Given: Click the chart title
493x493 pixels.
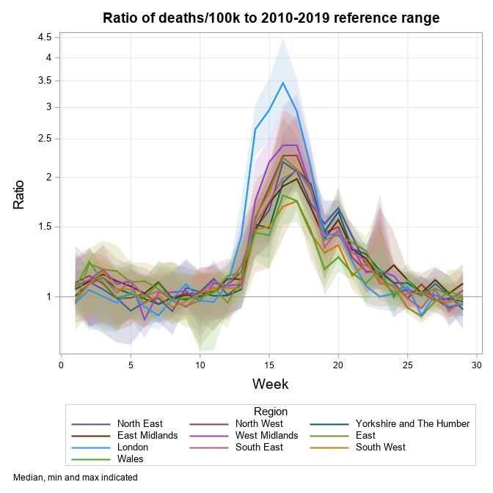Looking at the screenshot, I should [271, 18].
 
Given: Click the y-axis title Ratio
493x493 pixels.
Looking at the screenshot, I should [20, 194].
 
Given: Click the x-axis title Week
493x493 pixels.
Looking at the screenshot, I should [270, 384].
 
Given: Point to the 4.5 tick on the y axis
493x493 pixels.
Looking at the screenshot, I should [45, 37].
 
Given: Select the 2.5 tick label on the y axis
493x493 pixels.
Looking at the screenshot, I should [45, 139].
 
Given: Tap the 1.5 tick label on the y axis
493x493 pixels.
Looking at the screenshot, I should [45, 227].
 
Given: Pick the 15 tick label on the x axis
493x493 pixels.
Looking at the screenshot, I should [269, 364].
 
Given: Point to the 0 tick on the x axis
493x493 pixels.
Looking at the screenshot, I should [61, 364].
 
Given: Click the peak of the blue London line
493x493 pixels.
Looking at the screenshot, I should [283, 82].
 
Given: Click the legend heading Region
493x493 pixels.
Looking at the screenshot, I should [270, 412].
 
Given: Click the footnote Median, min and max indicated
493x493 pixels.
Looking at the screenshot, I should [76, 477].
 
